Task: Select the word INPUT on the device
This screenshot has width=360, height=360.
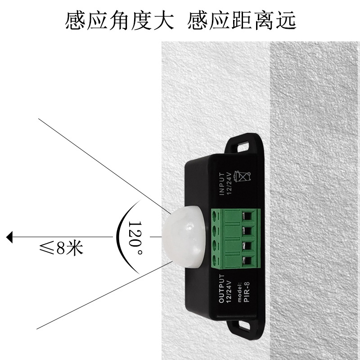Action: tap(221, 184)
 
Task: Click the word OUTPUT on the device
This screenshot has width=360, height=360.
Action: tap(221, 288)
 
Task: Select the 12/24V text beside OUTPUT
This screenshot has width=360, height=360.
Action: tap(228, 288)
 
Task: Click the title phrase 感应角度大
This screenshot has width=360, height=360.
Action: tap(119, 21)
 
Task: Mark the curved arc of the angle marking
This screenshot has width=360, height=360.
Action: tap(118, 236)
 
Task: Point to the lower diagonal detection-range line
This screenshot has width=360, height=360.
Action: tap(99, 297)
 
